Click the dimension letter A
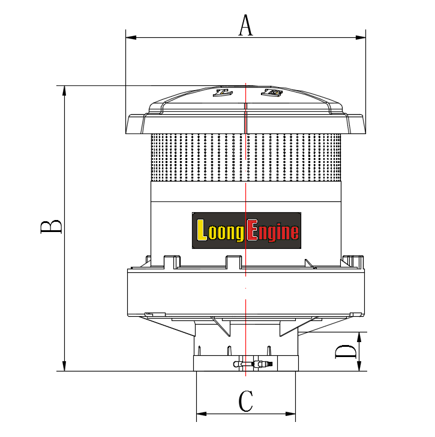[246, 25]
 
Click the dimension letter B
[51, 227]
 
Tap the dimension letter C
[246, 401]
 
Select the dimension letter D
[346, 352]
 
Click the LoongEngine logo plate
[247, 230]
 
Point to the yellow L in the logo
[202, 230]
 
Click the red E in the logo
[253, 230]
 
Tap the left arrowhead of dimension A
[131, 37]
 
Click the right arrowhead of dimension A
[361, 37]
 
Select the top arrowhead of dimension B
[64, 91]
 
